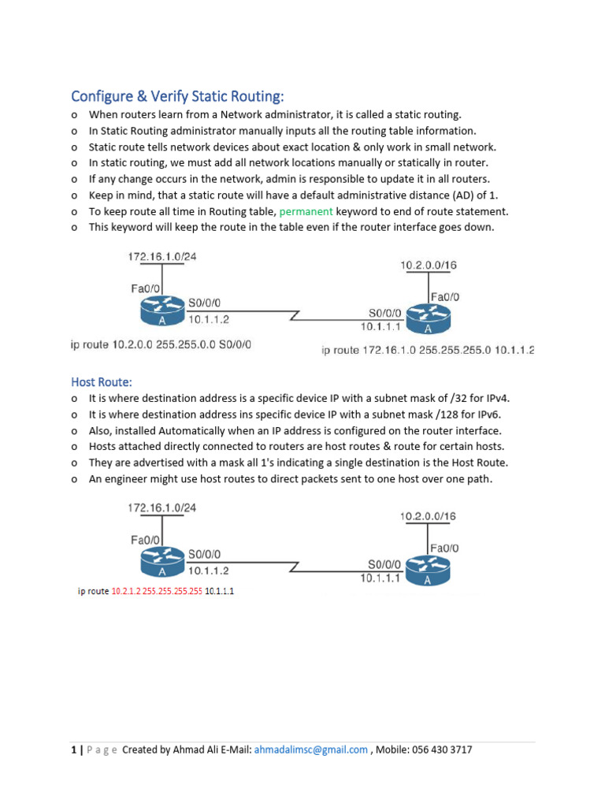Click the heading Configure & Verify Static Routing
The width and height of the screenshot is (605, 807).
pyautogui.click(x=177, y=96)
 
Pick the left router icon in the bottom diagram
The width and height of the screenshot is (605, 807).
pyautogui.click(x=161, y=561)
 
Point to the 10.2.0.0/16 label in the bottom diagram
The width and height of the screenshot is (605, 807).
pyautogui.click(x=428, y=516)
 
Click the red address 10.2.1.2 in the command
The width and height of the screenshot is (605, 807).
pyautogui.click(x=125, y=591)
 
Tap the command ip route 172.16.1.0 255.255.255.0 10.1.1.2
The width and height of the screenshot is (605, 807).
pyautogui.click(x=428, y=350)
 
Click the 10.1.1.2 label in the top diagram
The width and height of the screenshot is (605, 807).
pyautogui.click(x=209, y=319)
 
